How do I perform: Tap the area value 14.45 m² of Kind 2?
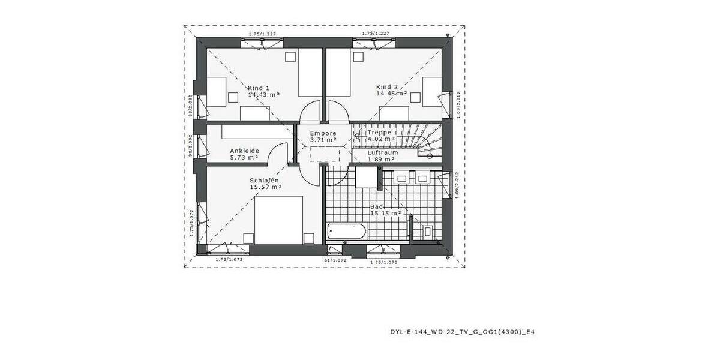coord(391,94)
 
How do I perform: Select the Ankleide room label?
coord(244,151)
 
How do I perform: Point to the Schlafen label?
coord(265,180)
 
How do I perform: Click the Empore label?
coord(323,133)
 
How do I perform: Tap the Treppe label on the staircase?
coord(380,133)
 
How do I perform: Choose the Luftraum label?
coord(383,152)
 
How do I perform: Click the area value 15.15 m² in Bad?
coord(385,213)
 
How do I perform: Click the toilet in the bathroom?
coord(427,230)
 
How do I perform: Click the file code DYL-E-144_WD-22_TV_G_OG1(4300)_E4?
coord(461,331)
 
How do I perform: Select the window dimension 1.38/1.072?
coord(384,262)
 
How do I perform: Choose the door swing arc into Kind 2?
coord(338,110)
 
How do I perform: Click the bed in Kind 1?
coord(311,73)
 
